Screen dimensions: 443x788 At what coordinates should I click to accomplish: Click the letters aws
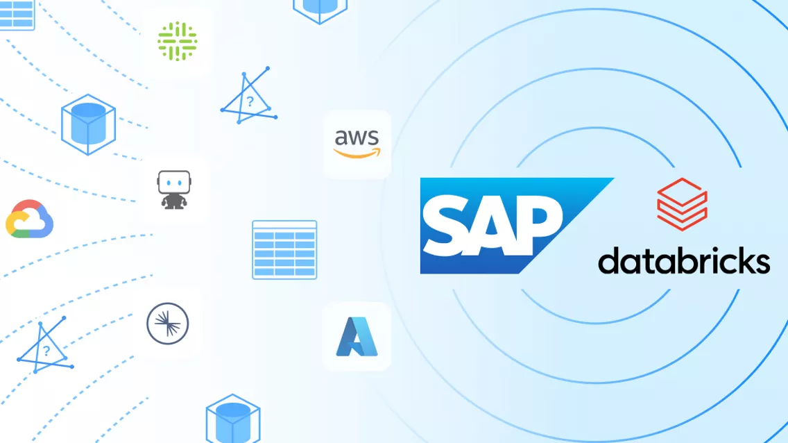click(x=357, y=135)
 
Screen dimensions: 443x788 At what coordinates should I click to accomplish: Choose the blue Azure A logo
click(x=357, y=337)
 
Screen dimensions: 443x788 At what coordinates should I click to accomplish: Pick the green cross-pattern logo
click(x=177, y=41)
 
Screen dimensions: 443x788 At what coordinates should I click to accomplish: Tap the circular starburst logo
click(x=168, y=323)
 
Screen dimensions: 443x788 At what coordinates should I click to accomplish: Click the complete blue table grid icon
click(x=284, y=250)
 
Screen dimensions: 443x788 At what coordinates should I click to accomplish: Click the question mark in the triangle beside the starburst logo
click(x=46, y=351)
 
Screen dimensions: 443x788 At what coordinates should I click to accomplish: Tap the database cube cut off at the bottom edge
click(x=233, y=420)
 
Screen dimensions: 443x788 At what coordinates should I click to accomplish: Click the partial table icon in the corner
click(x=17, y=14)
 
